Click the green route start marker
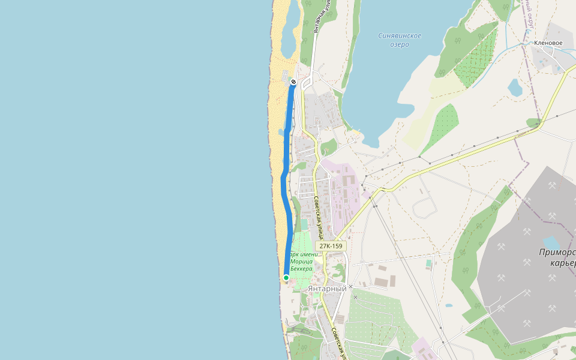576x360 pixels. (x=286, y=278)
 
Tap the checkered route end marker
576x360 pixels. (x=293, y=82)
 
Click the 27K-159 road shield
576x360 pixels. (x=331, y=246)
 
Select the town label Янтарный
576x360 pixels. (x=327, y=289)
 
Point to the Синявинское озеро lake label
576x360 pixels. (x=400, y=40)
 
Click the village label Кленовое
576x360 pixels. (x=548, y=43)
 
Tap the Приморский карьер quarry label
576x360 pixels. (x=557, y=257)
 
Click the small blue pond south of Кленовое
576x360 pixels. (x=515, y=88)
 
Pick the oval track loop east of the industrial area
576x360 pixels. (x=425, y=207)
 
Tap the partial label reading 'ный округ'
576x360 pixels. (x=530, y=15)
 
